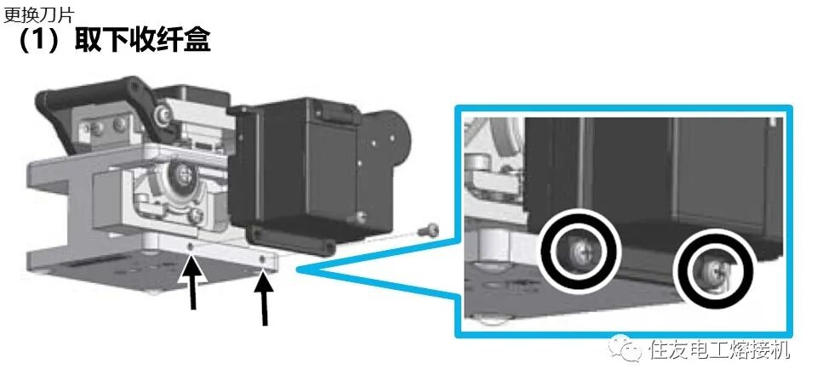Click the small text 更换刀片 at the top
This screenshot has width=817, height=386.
(x=38, y=14)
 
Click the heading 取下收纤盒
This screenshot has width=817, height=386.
(x=142, y=40)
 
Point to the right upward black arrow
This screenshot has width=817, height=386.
(x=265, y=298)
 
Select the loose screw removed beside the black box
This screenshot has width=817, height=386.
(x=428, y=229)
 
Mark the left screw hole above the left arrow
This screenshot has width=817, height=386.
(x=191, y=245)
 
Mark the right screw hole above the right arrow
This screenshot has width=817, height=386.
(x=263, y=258)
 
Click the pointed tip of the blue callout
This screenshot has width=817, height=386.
(x=298, y=269)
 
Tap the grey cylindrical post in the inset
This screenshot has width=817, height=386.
(x=491, y=246)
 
